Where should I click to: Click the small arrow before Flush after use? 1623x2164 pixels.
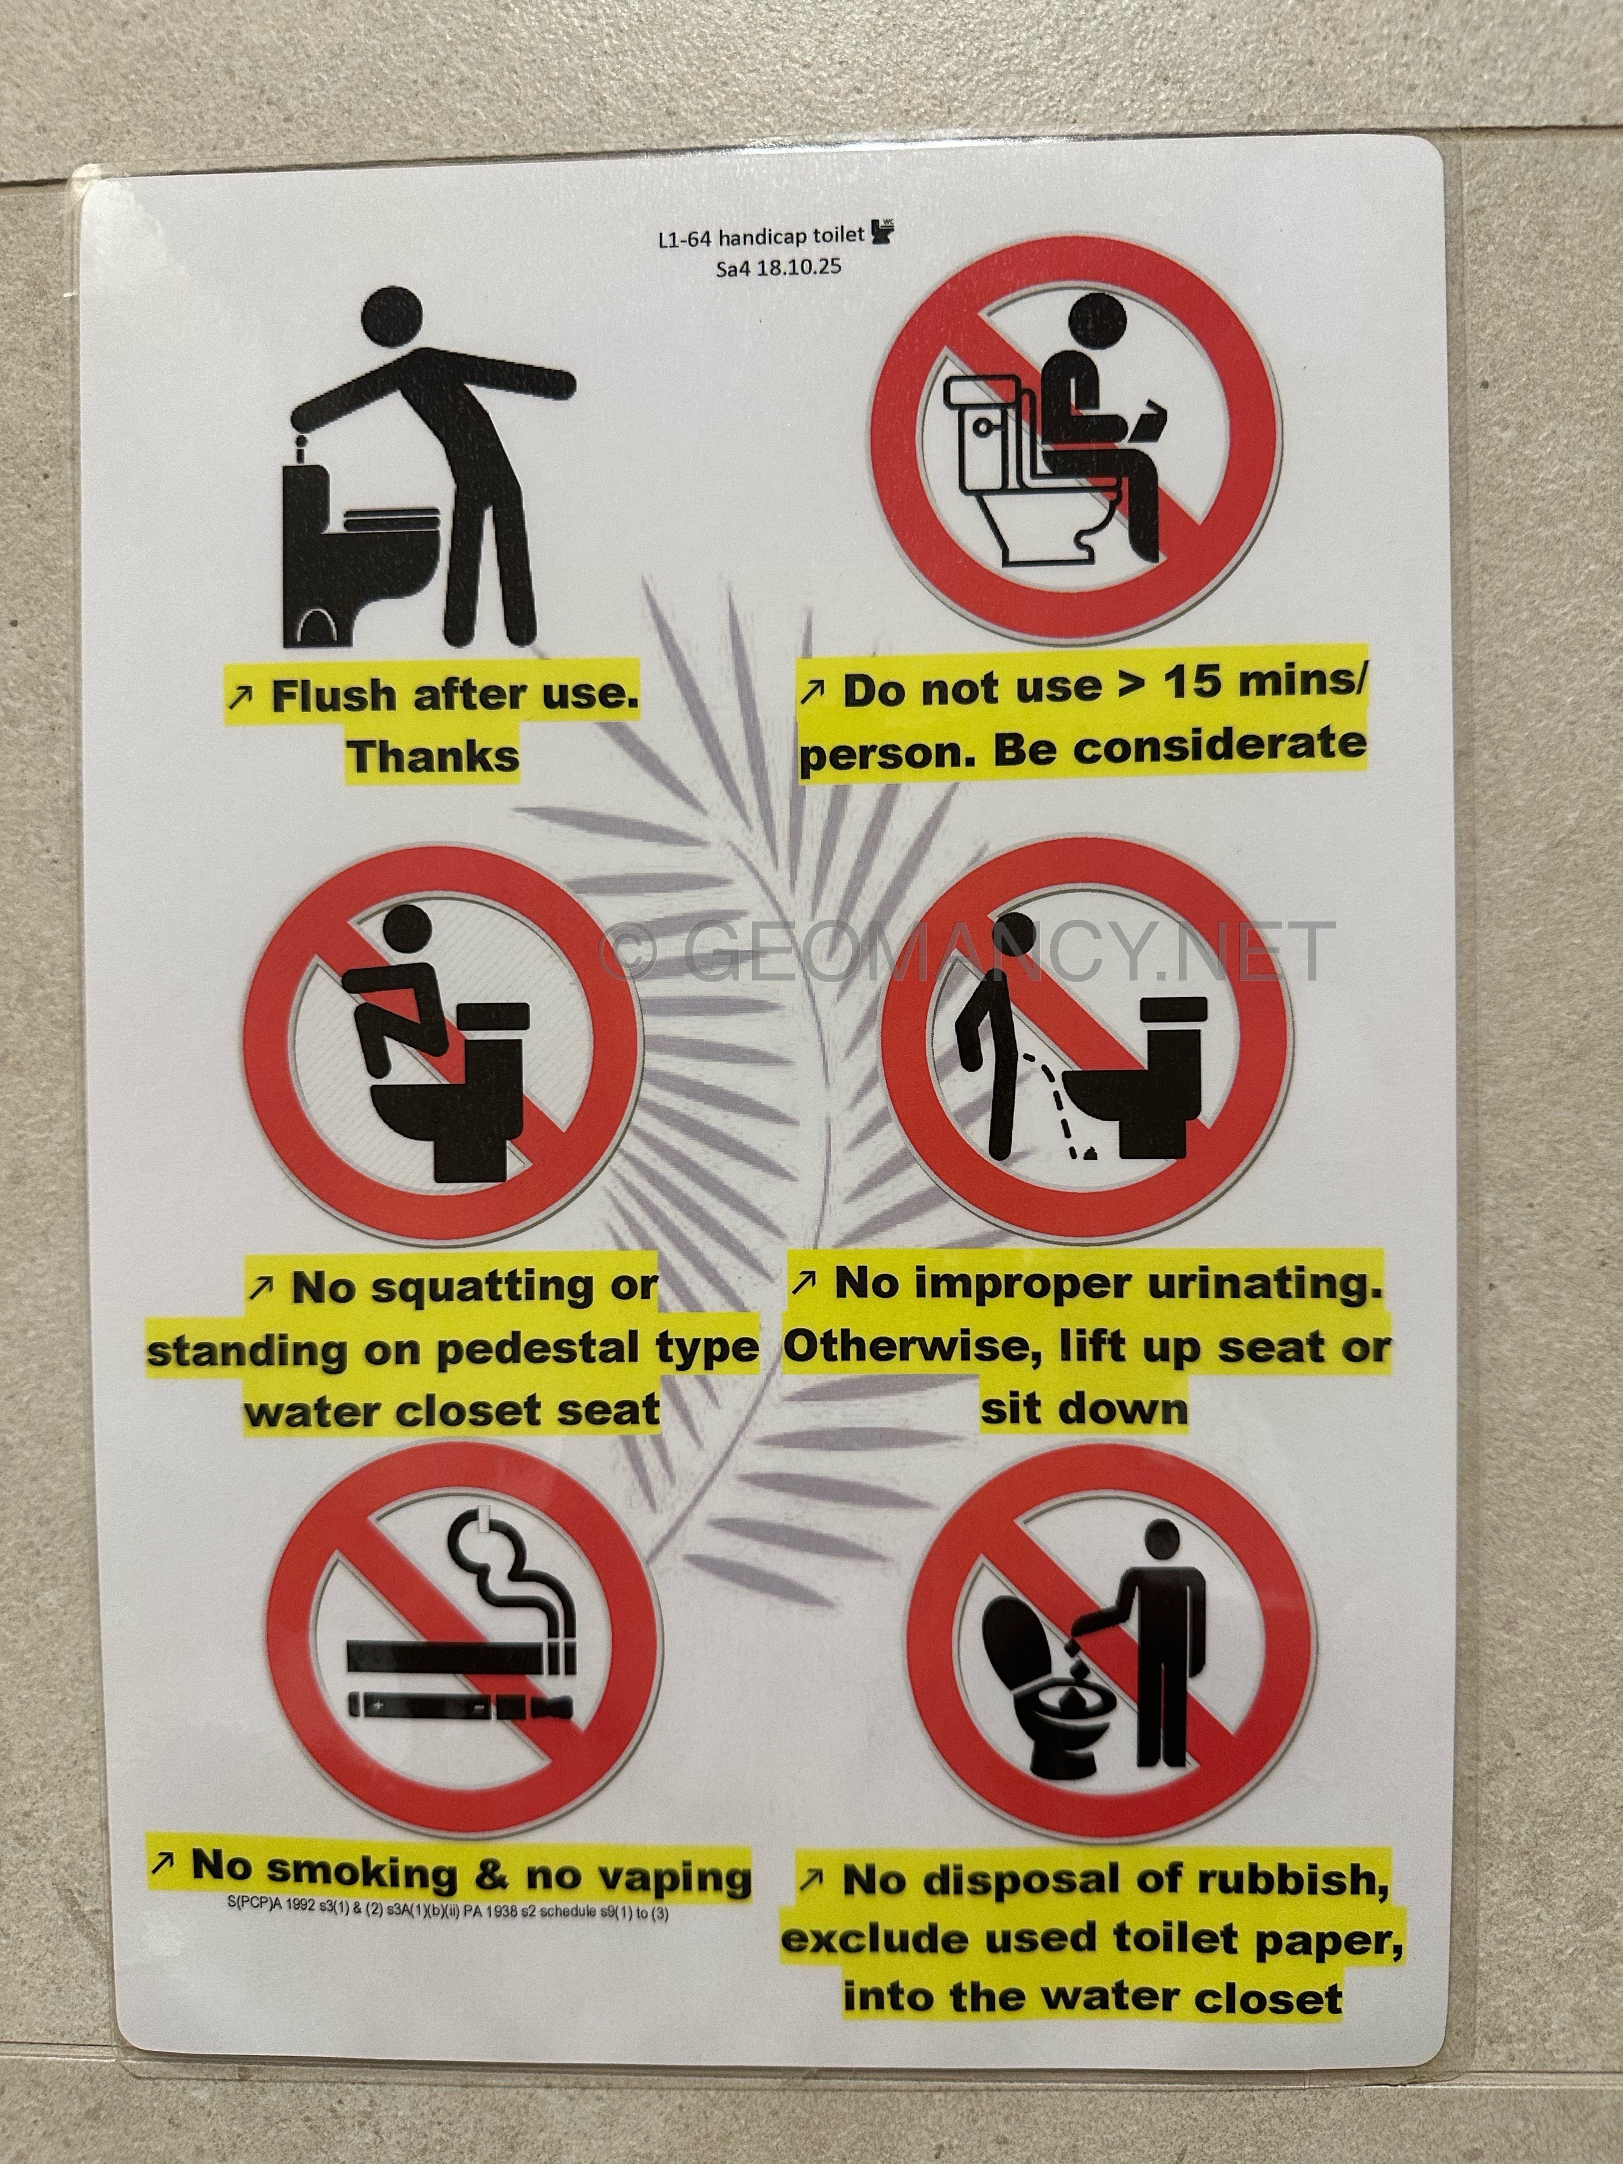[240, 696]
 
